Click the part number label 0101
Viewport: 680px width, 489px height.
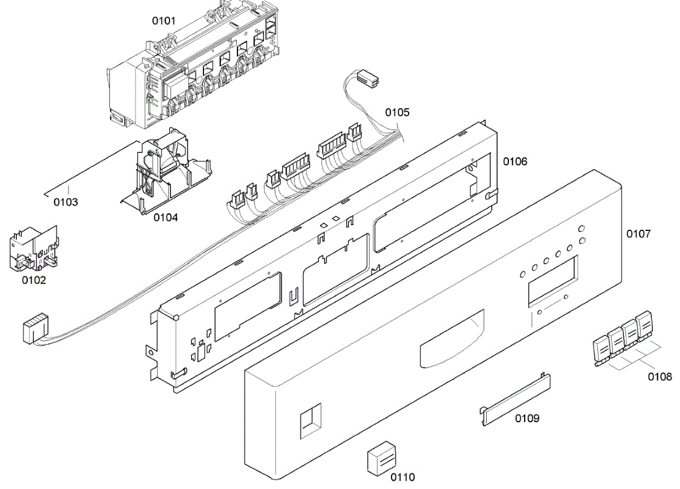click(x=163, y=21)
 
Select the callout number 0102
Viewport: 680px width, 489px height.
click(x=34, y=280)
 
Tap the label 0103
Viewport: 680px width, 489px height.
click(x=66, y=202)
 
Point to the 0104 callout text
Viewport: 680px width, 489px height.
click(x=165, y=217)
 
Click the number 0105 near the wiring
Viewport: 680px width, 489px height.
click(x=397, y=112)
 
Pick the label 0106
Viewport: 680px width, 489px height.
click(x=515, y=162)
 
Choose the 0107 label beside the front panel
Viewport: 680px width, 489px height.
click(x=638, y=233)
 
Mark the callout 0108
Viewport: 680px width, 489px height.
click(x=660, y=376)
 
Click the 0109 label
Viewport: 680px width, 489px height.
click(x=527, y=419)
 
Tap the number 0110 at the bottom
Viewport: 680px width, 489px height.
click(x=402, y=477)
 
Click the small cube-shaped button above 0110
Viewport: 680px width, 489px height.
click(x=381, y=455)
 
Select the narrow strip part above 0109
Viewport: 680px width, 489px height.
click(x=516, y=397)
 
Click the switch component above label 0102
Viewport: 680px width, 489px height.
click(x=34, y=249)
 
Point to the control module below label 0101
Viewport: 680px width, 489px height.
click(x=193, y=74)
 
